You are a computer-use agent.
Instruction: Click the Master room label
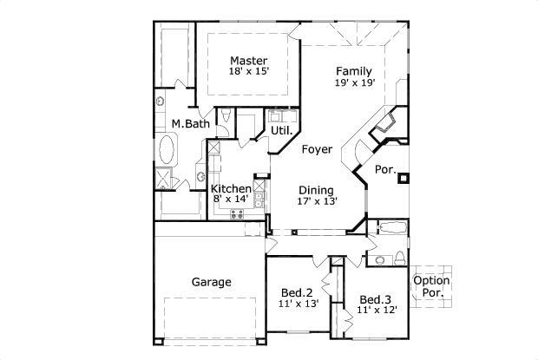point(247,60)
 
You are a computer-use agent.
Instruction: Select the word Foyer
point(317,149)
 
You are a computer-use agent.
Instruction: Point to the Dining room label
point(317,190)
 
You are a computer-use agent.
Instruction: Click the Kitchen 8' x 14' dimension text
point(231,200)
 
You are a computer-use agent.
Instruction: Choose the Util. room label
point(280,130)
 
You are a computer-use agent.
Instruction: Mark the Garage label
point(211,282)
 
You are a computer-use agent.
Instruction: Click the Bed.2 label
point(298,291)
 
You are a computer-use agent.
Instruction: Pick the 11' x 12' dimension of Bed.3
point(377,310)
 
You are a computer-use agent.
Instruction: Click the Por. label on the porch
point(385,171)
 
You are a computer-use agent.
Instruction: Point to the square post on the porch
point(402,180)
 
